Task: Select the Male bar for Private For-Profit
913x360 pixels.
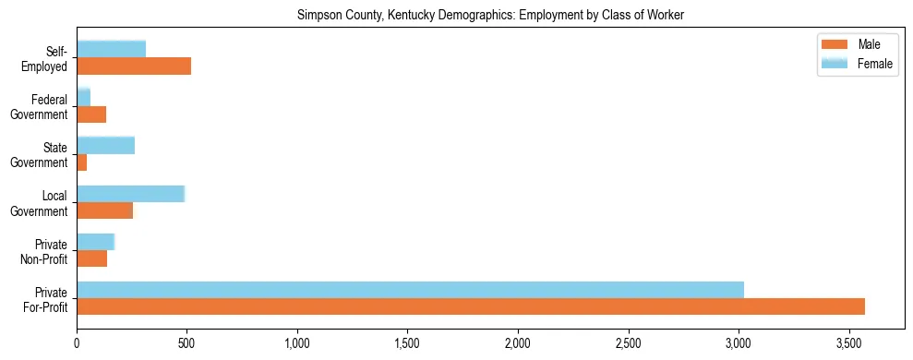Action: click(471, 306)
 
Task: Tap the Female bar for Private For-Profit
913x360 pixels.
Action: click(410, 289)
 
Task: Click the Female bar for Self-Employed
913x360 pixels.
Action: click(111, 49)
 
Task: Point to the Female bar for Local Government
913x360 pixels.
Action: click(130, 193)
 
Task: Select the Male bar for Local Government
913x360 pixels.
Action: click(104, 210)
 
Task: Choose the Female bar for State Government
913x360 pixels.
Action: click(105, 145)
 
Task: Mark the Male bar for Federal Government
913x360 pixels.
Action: click(91, 114)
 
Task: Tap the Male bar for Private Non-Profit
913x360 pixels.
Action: click(91, 258)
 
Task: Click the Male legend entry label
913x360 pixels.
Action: click(869, 45)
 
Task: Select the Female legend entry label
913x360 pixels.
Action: click(875, 64)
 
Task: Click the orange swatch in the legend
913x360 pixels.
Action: click(835, 45)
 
